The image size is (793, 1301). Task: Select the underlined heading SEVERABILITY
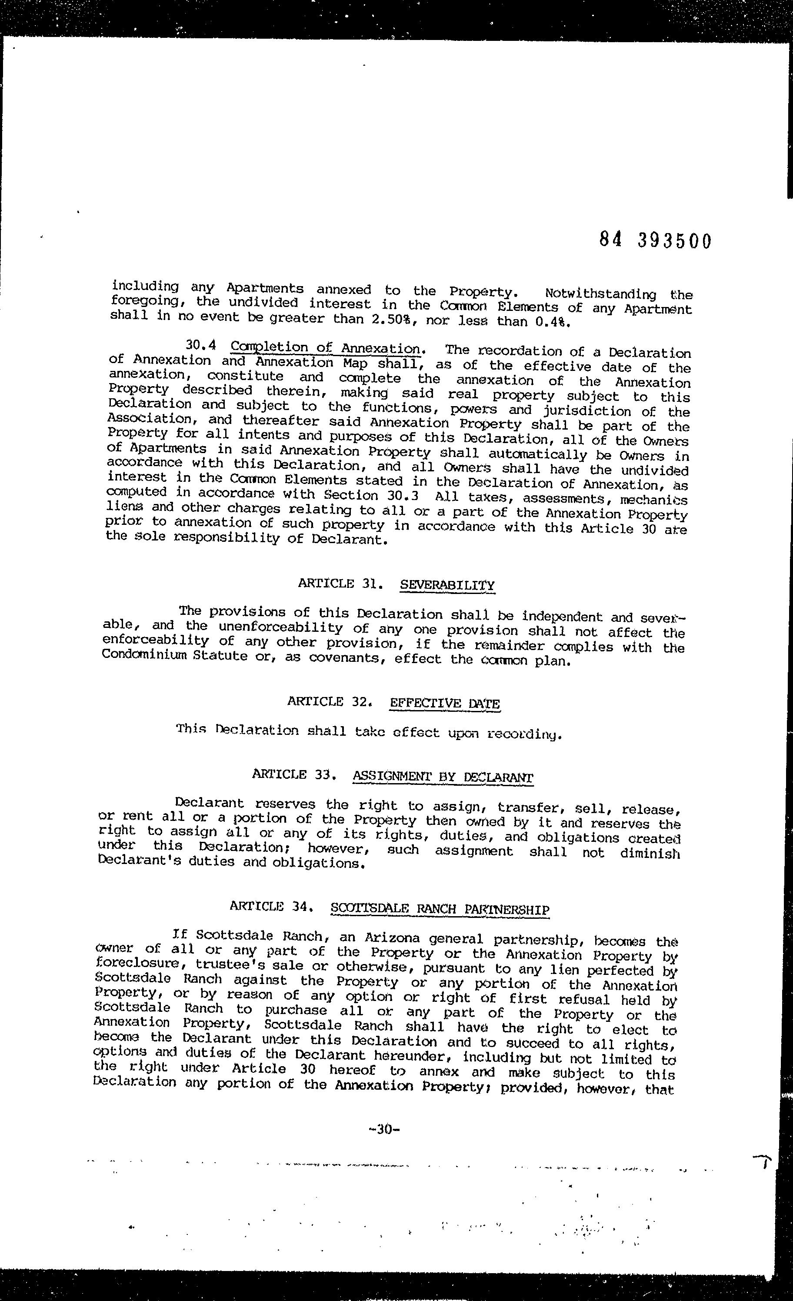[x=447, y=585]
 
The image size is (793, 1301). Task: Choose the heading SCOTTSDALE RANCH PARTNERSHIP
[x=440, y=909]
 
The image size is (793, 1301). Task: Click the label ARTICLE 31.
[x=340, y=584]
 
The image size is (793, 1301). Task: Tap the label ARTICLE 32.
[x=330, y=701]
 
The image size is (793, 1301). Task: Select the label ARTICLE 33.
[x=295, y=774]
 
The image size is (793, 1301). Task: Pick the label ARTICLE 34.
[x=273, y=906]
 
